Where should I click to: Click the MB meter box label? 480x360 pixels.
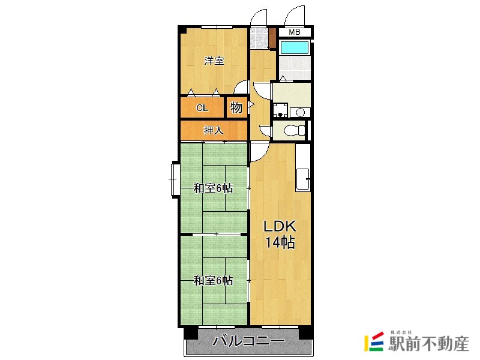294,32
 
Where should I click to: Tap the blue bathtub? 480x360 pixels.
294,47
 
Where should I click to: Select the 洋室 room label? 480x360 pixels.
214,61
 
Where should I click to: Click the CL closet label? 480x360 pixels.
202,108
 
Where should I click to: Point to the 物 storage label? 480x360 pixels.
236,107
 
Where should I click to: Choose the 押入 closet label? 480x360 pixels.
214,130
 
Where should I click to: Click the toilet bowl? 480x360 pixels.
295,131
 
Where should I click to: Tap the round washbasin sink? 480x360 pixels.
300,113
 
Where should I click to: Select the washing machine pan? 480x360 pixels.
280,110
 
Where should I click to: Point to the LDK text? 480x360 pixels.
280,227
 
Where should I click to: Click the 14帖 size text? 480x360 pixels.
280,242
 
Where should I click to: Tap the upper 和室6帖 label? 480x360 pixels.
214,188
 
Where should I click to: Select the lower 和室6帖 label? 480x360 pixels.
214,280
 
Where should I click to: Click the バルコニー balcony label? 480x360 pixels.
248,341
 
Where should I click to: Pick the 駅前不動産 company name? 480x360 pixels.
428,343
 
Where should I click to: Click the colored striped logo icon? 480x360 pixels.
374,341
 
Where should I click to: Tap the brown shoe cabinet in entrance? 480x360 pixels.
273,38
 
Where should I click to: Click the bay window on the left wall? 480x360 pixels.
175,179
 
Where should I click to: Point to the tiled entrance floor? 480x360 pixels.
259,38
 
